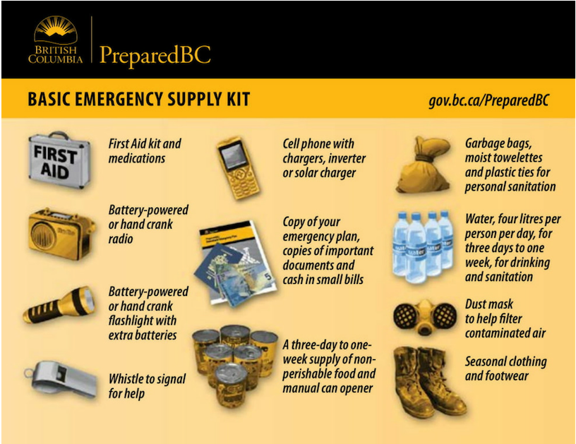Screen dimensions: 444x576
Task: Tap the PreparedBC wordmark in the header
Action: pos(155,55)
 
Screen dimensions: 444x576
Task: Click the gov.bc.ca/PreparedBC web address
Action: pos(488,99)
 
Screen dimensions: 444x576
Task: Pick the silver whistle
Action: pos(56,378)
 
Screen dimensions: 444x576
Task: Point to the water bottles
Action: pos(422,244)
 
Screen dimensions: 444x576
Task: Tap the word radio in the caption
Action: pos(121,239)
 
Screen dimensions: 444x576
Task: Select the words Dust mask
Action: pos(489,304)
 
